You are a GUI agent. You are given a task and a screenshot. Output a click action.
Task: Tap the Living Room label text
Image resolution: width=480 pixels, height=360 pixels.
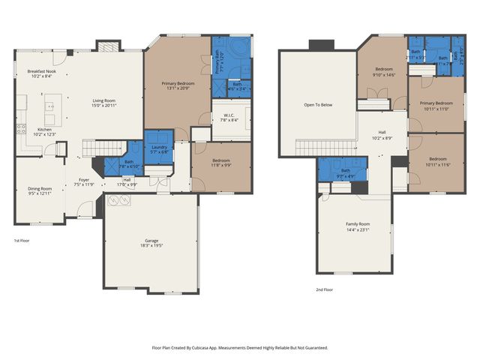[103, 100]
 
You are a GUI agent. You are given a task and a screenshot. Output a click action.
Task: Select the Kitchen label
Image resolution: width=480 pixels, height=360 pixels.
[45, 129]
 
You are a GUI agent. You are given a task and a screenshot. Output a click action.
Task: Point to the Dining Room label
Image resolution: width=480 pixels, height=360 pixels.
[40, 188]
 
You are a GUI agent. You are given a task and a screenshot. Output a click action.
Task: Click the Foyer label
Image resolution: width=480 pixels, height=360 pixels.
[83, 180]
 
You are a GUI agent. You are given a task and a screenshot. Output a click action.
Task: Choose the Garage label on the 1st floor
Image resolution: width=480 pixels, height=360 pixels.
[151, 241]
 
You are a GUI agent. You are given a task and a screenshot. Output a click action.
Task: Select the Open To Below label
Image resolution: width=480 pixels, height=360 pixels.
[318, 104]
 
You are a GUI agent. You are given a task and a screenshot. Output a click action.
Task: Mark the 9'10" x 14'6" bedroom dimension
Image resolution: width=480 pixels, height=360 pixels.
[385, 74]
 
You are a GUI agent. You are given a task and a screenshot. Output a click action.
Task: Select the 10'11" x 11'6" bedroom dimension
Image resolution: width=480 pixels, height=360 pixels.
[437, 163]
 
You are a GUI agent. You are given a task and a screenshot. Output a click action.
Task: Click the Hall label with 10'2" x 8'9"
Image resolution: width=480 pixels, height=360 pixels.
[382, 138]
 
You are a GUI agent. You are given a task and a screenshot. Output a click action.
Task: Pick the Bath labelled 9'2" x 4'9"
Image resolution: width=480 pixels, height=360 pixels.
[346, 175]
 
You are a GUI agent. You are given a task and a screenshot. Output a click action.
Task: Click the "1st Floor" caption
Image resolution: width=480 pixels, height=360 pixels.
[22, 241]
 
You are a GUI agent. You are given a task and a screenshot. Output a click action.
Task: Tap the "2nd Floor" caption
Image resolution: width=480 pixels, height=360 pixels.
[325, 289]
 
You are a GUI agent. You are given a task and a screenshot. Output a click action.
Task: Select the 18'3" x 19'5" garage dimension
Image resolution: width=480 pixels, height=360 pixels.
[151, 246]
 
